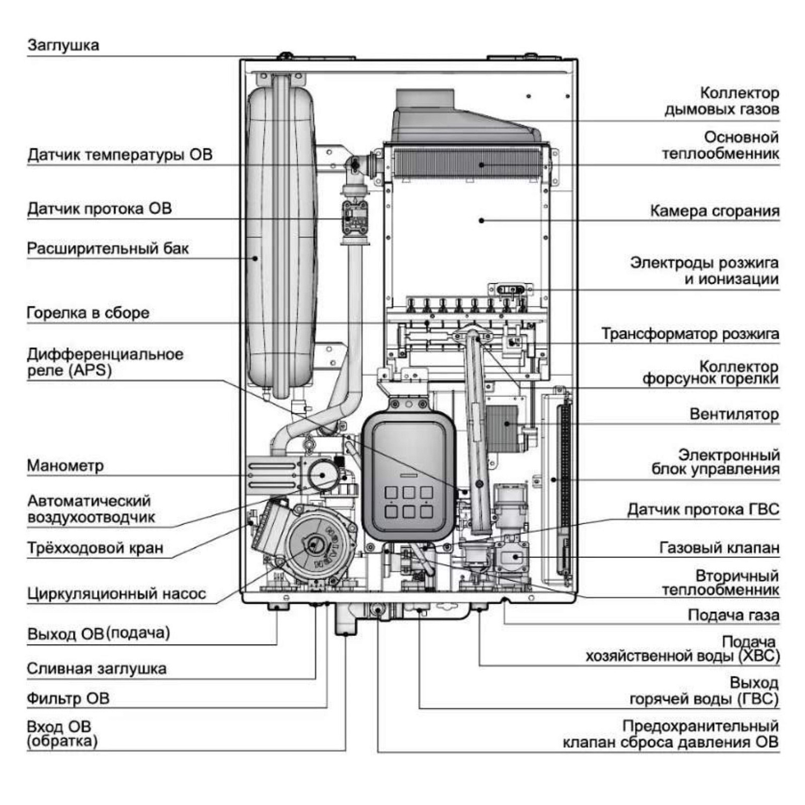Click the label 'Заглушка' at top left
point(63,45)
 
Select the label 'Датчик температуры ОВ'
point(120,155)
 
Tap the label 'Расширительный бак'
point(108,249)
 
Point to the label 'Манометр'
point(65,466)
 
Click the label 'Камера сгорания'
point(714,211)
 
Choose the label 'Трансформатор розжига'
point(690,334)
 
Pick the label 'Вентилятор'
point(734,414)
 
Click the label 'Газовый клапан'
point(719,548)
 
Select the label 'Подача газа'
point(733,615)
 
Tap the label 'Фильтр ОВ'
point(68,698)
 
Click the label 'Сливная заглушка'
point(97,669)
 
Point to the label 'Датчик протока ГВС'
point(703,509)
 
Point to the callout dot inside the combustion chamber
point(481,220)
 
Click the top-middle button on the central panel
point(408,493)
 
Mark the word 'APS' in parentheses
point(91,370)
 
